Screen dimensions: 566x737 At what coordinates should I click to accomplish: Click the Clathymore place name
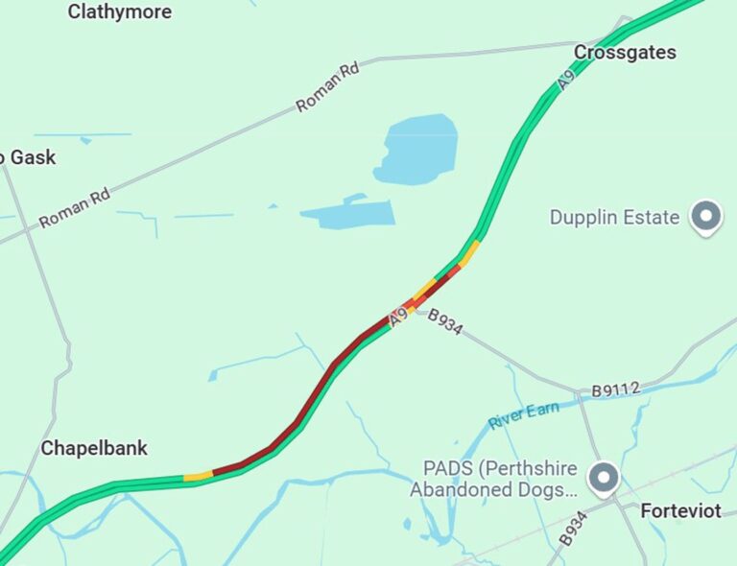pos(120,12)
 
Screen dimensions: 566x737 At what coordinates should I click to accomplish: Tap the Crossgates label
pos(625,53)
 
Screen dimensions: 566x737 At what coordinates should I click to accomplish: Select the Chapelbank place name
pos(94,448)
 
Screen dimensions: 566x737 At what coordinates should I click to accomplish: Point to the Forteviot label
pos(680,511)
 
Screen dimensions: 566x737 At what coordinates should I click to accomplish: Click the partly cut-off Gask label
pos(29,157)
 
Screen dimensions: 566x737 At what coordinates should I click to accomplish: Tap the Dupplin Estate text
pos(614,218)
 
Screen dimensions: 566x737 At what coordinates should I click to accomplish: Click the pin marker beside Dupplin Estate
pos(707,217)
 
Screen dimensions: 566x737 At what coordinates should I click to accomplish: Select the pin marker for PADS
pos(604,478)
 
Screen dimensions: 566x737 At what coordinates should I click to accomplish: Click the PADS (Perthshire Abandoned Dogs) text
pos(494,480)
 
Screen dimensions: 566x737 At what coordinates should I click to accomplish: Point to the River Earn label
pos(523,415)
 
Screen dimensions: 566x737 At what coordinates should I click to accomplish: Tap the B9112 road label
pos(615,389)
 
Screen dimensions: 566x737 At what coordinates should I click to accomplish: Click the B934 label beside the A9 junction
pos(445,321)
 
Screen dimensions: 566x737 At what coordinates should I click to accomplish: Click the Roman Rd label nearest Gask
pos(74,208)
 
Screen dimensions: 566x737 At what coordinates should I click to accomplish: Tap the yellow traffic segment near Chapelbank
pos(198,476)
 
